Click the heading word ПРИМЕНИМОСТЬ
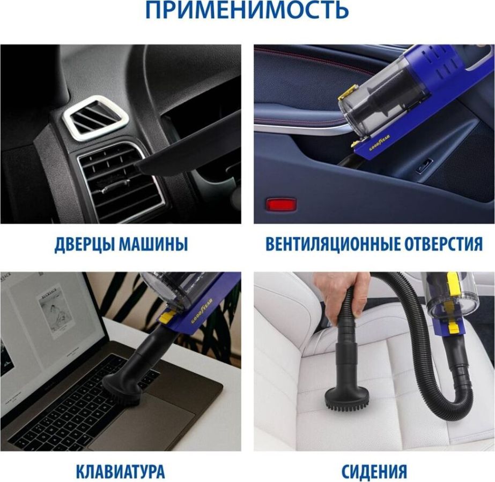coord(247,10)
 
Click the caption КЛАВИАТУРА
coord(120,471)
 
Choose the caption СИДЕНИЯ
coord(374,471)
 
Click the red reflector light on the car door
coord(281,204)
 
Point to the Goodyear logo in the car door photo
coord(380,142)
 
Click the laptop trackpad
coord(142,430)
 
